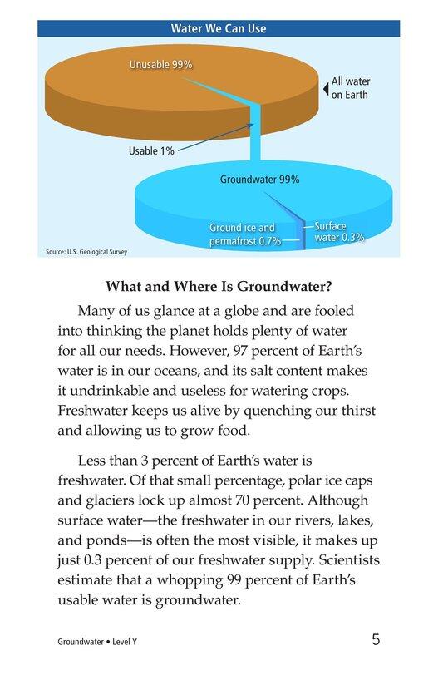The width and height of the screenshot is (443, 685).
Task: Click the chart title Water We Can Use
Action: tap(219, 28)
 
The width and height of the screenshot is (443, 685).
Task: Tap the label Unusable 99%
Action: tap(160, 63)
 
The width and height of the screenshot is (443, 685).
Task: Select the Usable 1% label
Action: tap(150, 151)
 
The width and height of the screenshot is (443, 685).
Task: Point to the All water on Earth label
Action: tap(350, 88)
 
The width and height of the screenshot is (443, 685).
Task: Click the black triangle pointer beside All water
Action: tap(325, 84)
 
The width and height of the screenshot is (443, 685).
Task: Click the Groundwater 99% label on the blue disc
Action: tap(259, 179)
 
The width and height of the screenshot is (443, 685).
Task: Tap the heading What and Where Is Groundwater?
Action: tap(219, 288)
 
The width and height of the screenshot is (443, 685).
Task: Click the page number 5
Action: tap(377, 640)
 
